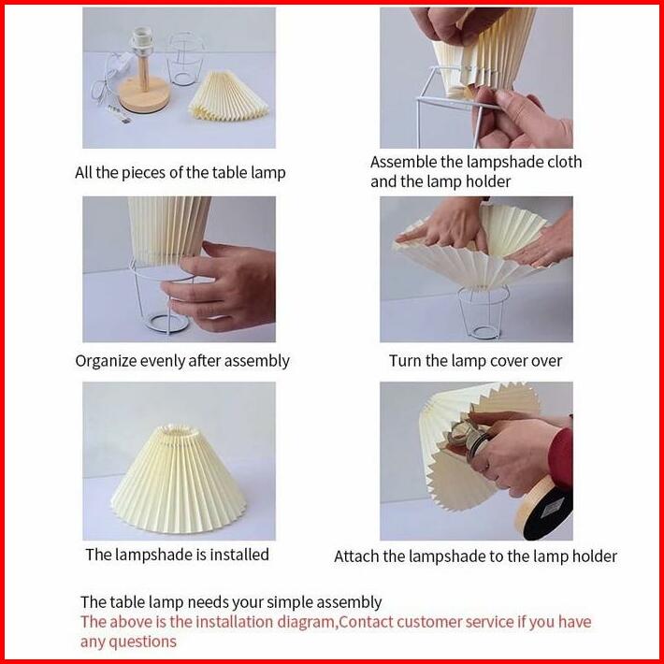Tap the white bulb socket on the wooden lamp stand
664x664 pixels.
(x=142, y=41)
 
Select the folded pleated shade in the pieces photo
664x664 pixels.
(x=228, y=96)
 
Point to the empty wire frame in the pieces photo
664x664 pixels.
(x=184, y=59)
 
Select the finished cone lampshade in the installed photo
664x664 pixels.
(x=179, y=479)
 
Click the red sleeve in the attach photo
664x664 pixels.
(x=561, y=458)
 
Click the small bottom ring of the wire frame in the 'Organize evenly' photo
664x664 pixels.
(x=167, y=323)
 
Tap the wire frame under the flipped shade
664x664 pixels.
(x=484, y=312)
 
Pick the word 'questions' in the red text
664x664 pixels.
(x=143, y=642)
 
